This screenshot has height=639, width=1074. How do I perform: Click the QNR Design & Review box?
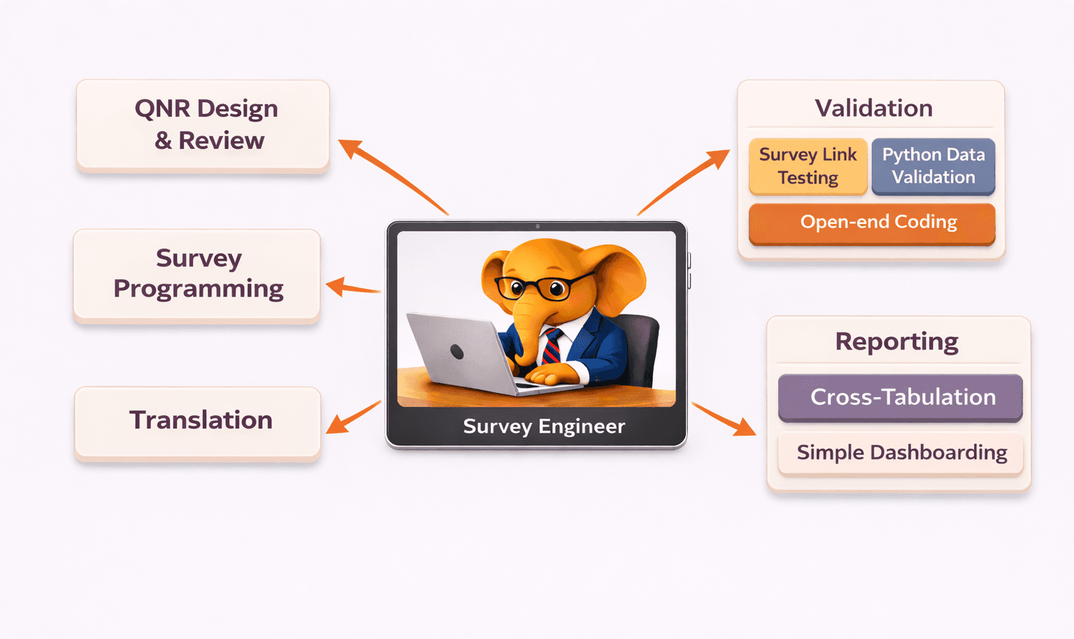pos(203,124)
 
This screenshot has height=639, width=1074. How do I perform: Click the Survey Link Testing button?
pos(808,166)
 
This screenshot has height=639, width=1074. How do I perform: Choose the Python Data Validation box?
pos(933,166)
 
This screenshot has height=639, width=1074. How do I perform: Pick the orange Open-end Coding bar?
pos(871,222)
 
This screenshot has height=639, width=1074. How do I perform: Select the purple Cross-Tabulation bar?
pos(901,397)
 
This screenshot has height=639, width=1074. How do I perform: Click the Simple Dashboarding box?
pos(901,453)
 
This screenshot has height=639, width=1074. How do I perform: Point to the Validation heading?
pos(873,108)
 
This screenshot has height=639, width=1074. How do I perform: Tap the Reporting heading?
pos(896,342)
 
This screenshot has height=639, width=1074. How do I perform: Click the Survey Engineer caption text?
pos(543,426)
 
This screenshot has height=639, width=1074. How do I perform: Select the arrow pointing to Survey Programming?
pos(352,287)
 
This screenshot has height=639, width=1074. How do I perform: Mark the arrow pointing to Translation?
pos(353,417)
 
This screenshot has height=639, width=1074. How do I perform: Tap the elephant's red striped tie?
pos(552,345)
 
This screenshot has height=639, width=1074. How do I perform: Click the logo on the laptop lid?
pos(457,352)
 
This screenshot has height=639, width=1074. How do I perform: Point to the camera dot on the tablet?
pos(537,227)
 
